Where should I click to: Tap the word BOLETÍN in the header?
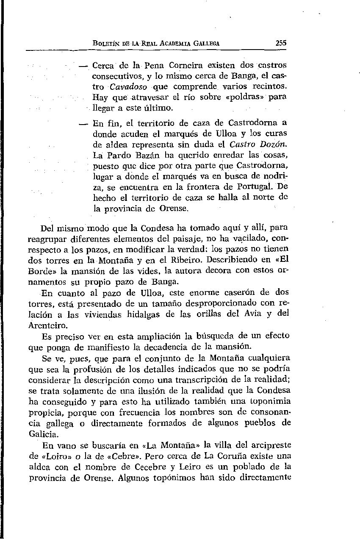[108, 43]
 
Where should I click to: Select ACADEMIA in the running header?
[174, 43]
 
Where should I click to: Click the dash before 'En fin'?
[83, 124]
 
